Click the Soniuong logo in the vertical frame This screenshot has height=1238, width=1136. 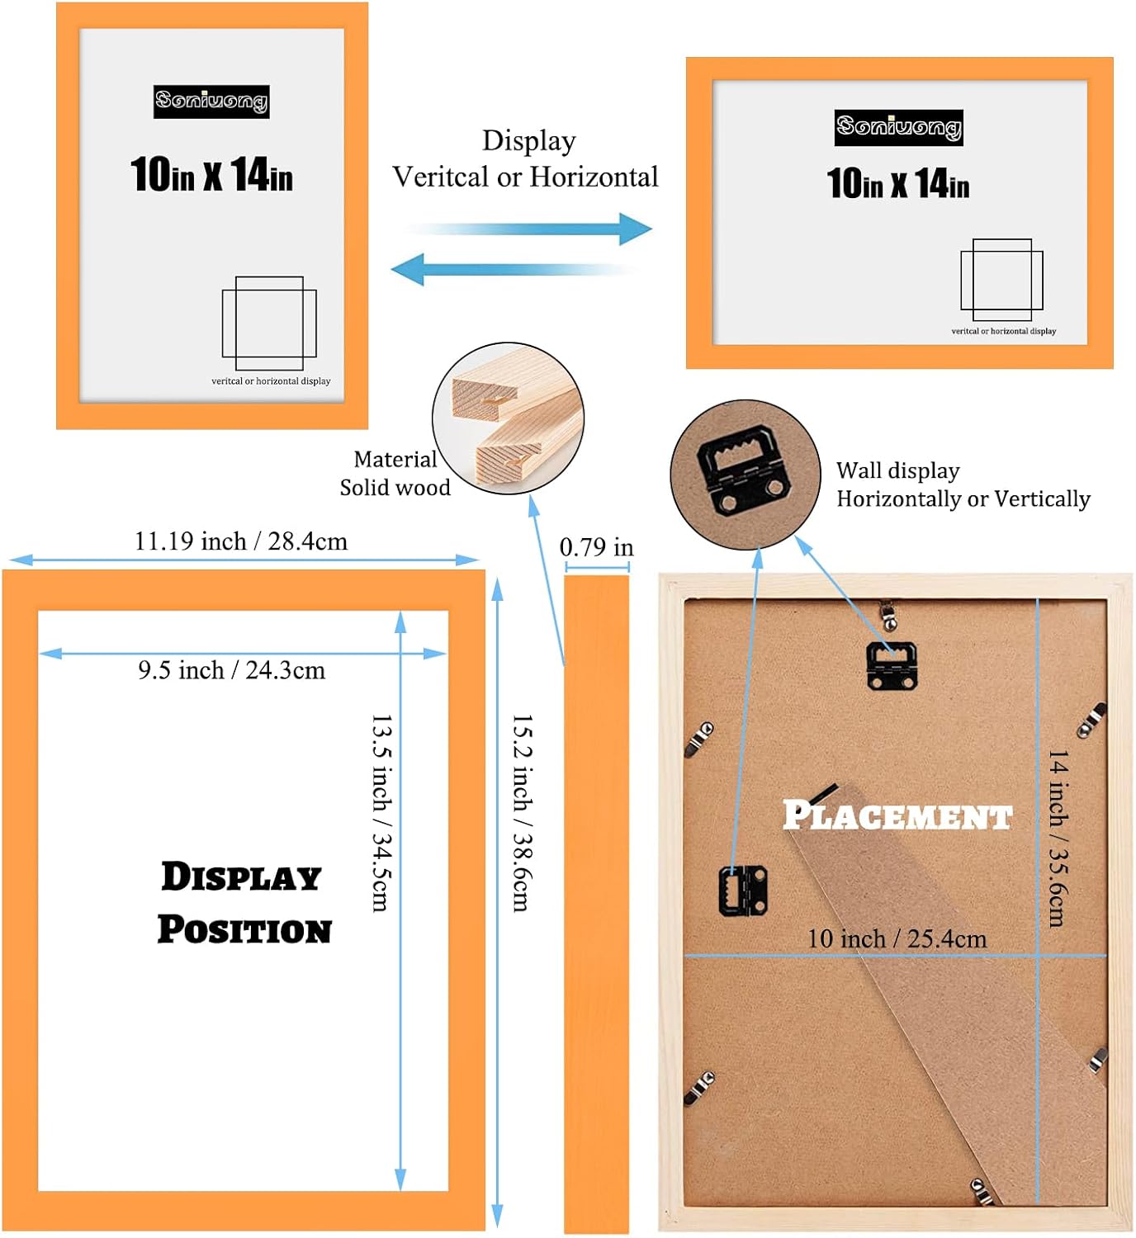coord(211,102)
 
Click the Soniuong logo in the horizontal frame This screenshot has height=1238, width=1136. coord(898,127)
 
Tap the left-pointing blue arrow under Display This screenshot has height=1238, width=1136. coord(512,269)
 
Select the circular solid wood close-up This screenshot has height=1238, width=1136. coord(508,418)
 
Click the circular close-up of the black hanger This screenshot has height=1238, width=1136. coord(745,475)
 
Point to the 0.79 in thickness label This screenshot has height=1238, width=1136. coord(596,547)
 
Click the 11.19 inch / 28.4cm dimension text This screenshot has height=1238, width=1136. coord(241,541)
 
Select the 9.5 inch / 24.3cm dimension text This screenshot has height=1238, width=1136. coord(232,670)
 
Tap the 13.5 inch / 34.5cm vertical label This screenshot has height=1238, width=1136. coord(381,812)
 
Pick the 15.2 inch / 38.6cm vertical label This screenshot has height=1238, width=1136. coord(522,812)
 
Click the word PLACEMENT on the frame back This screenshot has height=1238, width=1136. coord(897,815)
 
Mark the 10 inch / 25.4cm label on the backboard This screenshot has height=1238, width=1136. coord(897,938)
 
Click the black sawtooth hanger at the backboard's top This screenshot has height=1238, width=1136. coord(892,665)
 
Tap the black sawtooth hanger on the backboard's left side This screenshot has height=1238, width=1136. coord(743,890)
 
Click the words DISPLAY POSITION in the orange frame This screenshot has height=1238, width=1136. coord(244,902)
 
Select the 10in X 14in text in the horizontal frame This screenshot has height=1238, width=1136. coord(898,183)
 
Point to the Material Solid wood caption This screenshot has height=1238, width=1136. coord(395,474)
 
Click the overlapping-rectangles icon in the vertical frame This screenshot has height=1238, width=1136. coord(269,324)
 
